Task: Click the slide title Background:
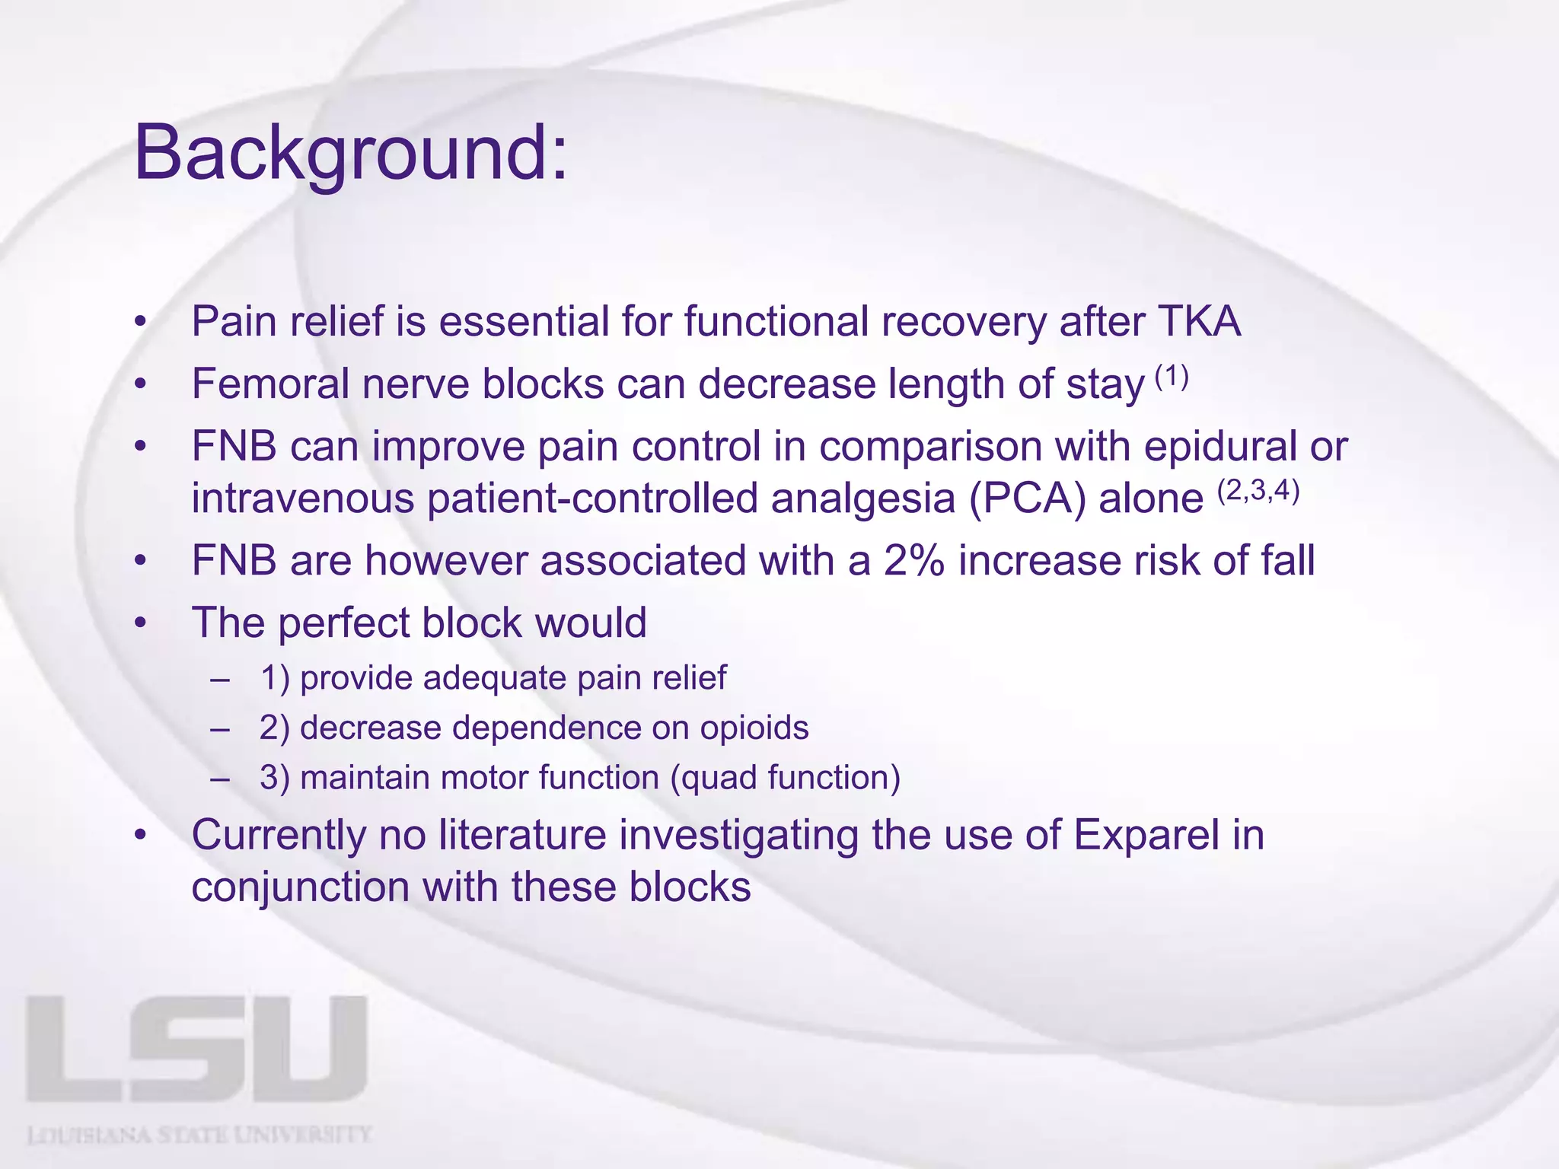(x=351, y=154)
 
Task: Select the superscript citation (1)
(x=1172, y=377)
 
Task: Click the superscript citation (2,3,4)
(x=1258, y=492)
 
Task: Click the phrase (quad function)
(x=785, y=778)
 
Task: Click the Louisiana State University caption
(x=199, y=1136)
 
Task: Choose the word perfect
(x=343, y=623)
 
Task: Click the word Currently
(x=279, y=835)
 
